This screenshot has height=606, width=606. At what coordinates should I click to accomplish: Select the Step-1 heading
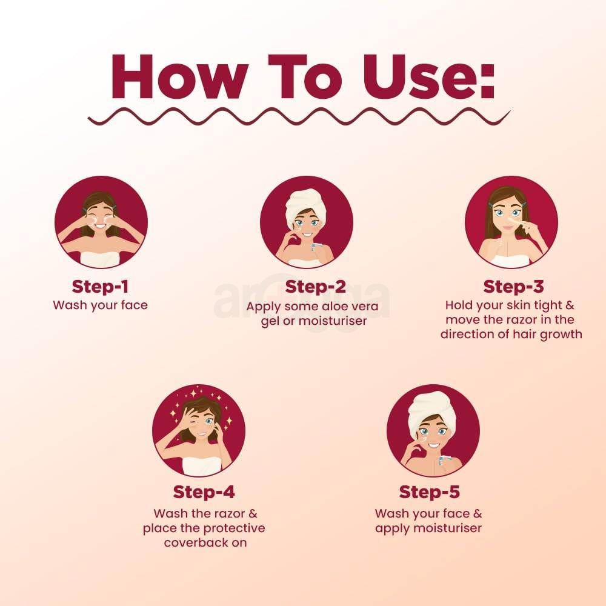(x=100, y=286)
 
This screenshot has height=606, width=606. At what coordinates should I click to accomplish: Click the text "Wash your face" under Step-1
(x=100, y=305)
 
